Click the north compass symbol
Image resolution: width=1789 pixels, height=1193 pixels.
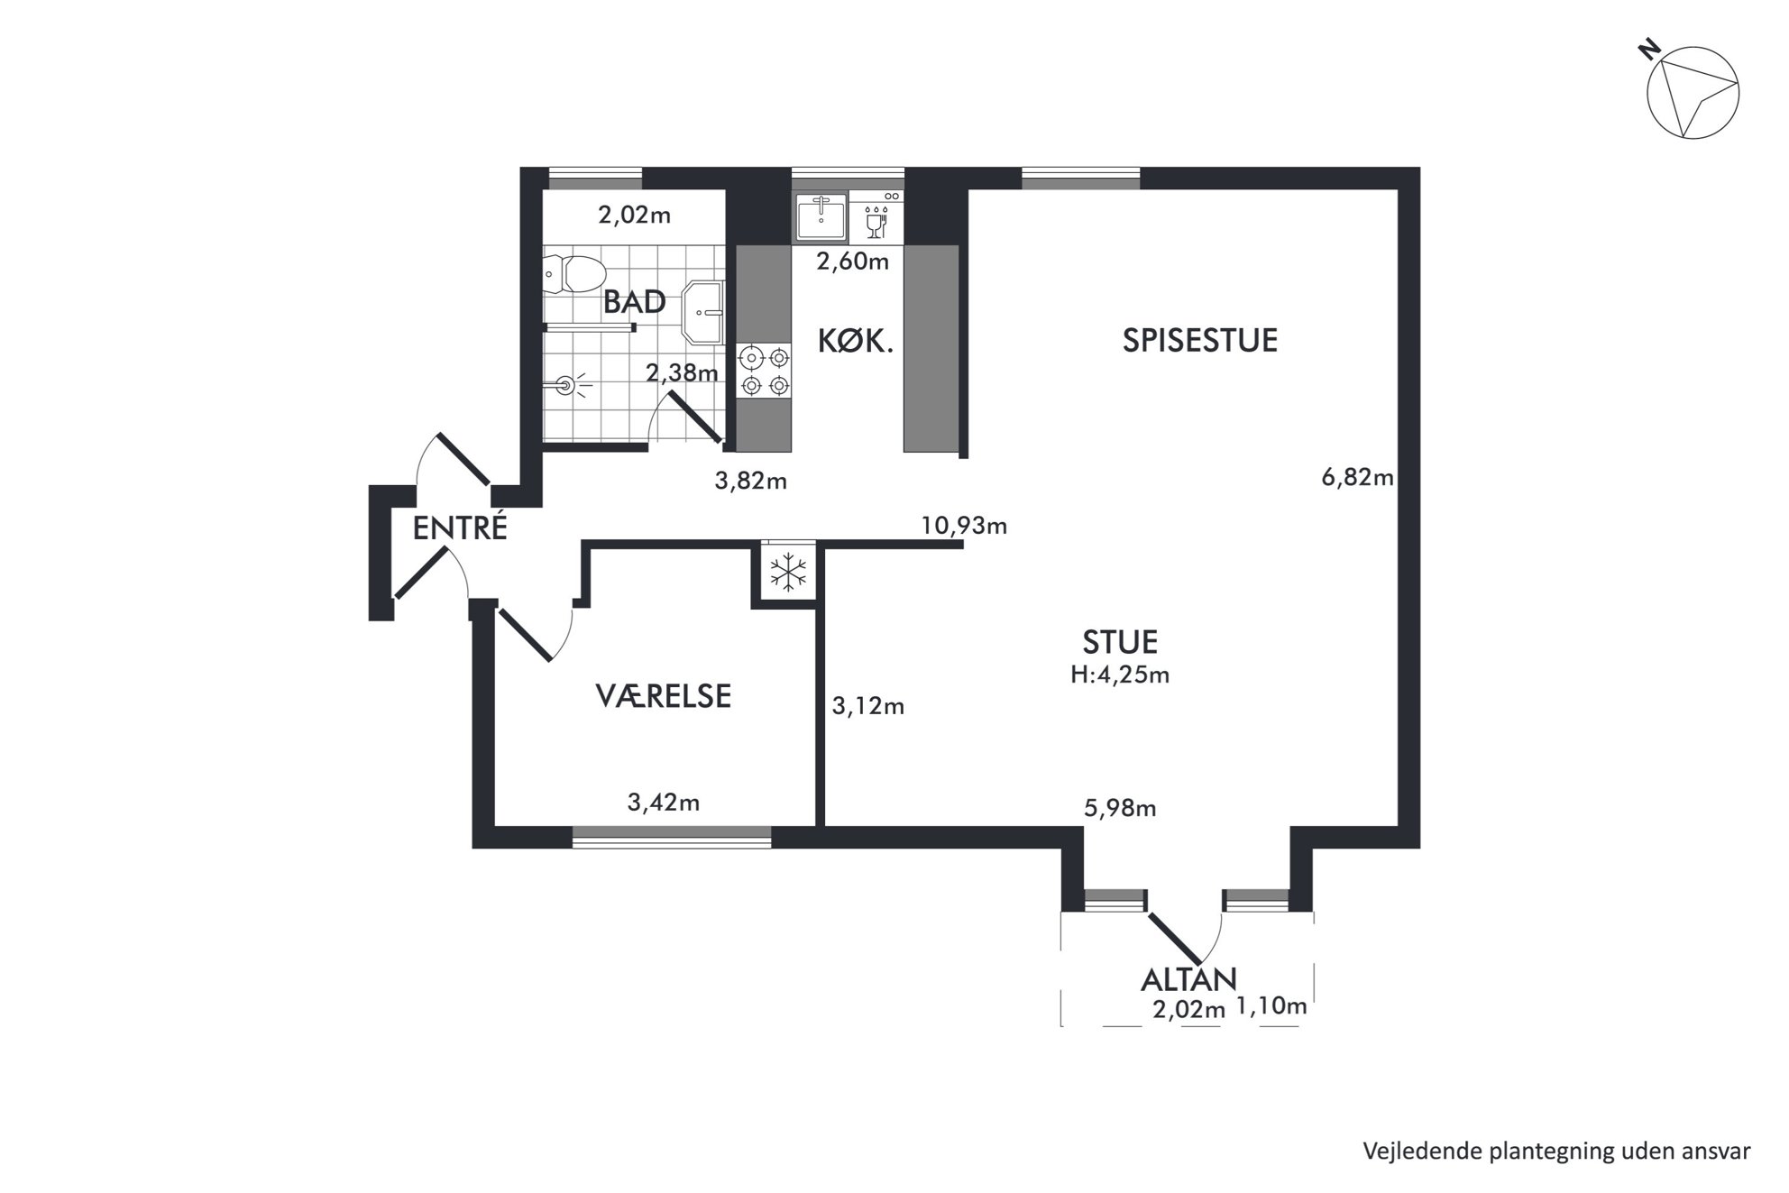(x=1692, y=93)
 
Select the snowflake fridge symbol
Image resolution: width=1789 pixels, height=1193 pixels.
(x=787, y=573)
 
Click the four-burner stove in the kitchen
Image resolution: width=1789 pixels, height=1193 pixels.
(x=764, y=372)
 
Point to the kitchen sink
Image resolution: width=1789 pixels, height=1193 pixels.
(x=821, y=217)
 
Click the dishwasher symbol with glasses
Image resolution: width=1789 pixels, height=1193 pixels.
(x=876, y=217)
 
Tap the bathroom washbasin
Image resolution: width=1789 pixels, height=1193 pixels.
(x=702, y=312)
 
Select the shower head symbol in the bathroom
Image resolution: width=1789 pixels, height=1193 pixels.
(x=567, y=386)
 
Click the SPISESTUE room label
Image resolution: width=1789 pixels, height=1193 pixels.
(x=1199, y=340)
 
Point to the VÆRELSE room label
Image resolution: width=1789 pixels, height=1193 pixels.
(x=663, y=696)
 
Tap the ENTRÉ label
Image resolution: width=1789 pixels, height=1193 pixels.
(x=460, y=528)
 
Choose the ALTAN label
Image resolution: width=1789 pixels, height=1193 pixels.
(x=1188, y=979)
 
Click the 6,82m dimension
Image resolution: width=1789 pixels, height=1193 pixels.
(x=1357, y=477)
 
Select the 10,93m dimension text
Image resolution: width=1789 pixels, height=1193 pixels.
(x=964, y=525)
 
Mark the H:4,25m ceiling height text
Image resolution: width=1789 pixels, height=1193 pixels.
(x=1120, y=675)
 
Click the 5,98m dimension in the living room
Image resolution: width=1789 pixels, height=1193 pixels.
(x=1120, y=809)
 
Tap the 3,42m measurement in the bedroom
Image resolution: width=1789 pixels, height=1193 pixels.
(x=664, y=803)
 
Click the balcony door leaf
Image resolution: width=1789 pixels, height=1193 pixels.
(x=1175, y=938)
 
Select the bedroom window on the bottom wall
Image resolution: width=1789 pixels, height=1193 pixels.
(x=672, y=837)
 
